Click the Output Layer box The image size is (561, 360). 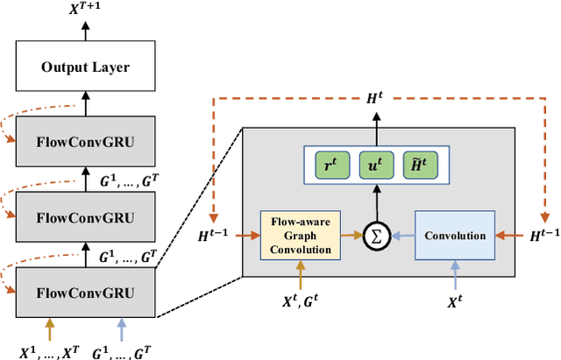[x=85, y=67]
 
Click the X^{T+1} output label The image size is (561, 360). [x=85, y=11]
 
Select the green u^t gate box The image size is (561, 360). [x=376, y=166]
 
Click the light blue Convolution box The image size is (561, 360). [x=456, y=235]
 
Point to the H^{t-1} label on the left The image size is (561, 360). [x=214, y=235]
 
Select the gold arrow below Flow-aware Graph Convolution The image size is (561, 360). [x=301, y=277]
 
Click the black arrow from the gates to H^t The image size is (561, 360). [x=376, y=134]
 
